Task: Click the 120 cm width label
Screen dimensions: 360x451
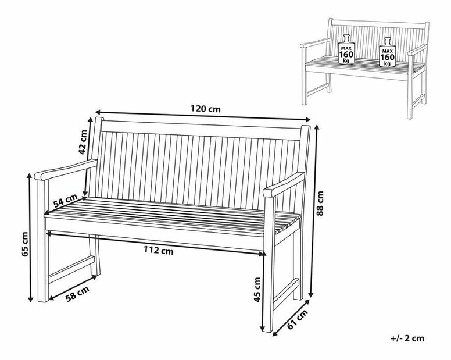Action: point(205,108)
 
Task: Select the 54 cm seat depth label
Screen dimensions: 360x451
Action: point(65,201)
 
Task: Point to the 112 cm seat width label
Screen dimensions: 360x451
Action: point(159,251)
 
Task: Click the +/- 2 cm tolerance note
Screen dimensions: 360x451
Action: point(408,338)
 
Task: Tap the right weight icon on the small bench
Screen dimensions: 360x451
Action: point(386,53)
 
